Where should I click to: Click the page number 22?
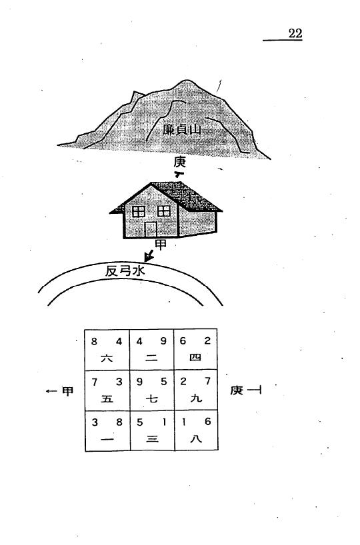pos(295,33)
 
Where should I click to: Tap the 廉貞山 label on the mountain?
pos(182,130)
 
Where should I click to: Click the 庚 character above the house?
pos(180,162)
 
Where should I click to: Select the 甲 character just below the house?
pos(161,245)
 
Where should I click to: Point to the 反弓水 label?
pos(125,271)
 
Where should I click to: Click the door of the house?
pos(151,229)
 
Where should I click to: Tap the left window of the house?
pos(139,211)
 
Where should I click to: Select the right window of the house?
pos(164,211)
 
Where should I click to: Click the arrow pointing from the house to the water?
pos(149,256)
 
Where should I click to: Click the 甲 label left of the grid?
pos(67,391)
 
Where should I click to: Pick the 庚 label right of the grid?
pos(237,390)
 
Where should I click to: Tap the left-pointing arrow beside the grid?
pos(51,391)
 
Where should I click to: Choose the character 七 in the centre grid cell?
pos(151,398)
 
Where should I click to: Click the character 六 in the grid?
pos(107,358)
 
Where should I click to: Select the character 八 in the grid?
pos(196,438)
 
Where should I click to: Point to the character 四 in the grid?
pos(195,357)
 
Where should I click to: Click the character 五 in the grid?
pos(107,398)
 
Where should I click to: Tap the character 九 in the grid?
pos(196,398)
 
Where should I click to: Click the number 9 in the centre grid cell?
pos(139,382)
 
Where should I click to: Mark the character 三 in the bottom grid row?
pos(152,439)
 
